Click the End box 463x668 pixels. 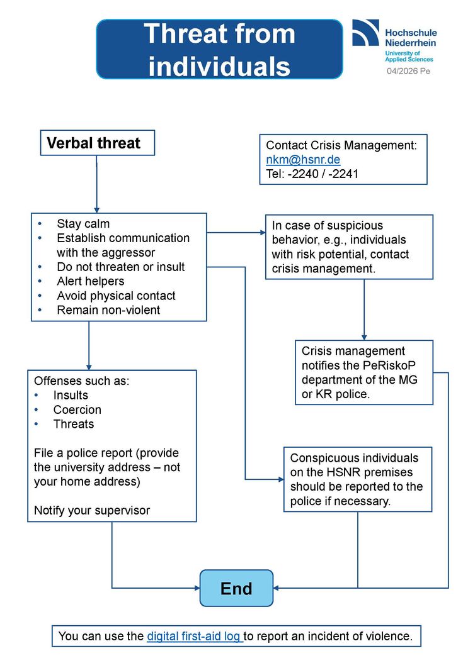click(x=236, y=588)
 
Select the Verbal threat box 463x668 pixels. click(x=97, y=143)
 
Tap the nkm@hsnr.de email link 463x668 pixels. click(x=303, y=159)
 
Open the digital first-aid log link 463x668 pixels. click(x=195, y=636)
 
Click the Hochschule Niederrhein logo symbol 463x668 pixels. click(x=366, y=32)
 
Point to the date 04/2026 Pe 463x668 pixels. click(x=408, y=71)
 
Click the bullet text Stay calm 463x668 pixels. click(x=83, y=224)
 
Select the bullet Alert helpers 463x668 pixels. click(x=91, y=281)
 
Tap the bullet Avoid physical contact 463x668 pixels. click(x=116, y=296)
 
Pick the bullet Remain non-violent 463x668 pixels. click(x=108, y=310)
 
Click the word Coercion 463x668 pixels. click(x=77, y=410)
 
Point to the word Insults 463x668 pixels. click(x=71, y=396)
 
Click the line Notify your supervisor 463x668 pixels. click(x=92, y=510)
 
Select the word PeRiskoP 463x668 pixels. click(x=389, y=365)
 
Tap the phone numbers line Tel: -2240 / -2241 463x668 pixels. click(x=312, y=174)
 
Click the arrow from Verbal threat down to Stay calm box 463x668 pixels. click(x=97, y=184)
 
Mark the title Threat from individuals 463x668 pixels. click(x=219, y=50)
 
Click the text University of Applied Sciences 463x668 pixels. click(x=409, y=56)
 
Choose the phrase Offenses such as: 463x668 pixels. click(x=81, y=381)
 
